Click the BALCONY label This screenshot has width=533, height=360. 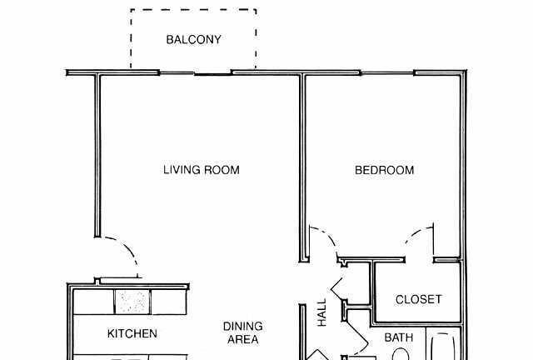pos(193,40)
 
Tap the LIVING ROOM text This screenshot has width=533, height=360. pos(202,170)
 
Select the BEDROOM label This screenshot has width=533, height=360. pos(384,170)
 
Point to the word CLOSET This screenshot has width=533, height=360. pos(418,299)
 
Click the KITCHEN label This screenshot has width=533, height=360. pos(132,334)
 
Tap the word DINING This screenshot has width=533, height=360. pos(242,327)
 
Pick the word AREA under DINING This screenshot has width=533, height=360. pos(242,339)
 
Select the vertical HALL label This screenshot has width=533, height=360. pos(321,312)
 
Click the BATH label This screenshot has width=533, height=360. pos(399,337)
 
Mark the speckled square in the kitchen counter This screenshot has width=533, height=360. pos(132,302)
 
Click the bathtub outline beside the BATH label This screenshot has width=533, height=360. pos(442,347)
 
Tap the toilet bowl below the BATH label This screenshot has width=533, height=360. pos(401,354)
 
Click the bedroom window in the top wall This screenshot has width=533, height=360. pos(387,73)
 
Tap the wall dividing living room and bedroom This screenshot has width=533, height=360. pos(303,167)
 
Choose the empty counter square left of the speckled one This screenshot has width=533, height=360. pos(94,302)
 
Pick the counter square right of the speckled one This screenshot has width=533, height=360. pos(168,302)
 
